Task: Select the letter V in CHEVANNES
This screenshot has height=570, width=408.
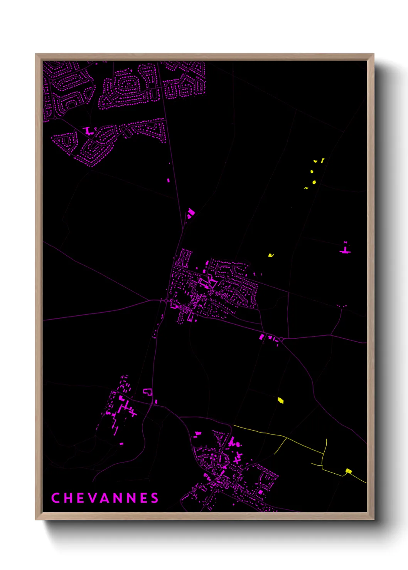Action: (93, 498)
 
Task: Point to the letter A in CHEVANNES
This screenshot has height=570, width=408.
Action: (106, 498)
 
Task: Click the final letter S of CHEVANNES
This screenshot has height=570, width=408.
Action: (155, 498)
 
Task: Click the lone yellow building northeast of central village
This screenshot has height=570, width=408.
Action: (271, 255)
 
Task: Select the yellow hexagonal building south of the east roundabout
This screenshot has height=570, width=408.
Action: (281, 401)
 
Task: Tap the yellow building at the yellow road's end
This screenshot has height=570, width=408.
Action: (349, 471)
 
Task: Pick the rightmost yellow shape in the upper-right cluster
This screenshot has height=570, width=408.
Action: (322, 160)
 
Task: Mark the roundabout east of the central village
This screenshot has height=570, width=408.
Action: (281, 339)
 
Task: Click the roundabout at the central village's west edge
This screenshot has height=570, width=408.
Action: (165, 300)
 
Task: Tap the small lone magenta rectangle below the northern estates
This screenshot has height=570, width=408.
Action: (168, 180)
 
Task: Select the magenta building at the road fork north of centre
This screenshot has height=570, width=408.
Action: (191, 213)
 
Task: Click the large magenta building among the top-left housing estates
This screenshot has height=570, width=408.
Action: (88, 131)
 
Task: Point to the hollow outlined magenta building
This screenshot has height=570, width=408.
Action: (147, 392)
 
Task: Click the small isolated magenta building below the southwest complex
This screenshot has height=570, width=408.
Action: (121, 444)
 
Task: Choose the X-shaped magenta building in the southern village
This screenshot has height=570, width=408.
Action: (238, 458)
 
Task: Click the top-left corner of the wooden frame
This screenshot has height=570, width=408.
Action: (36, 54)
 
